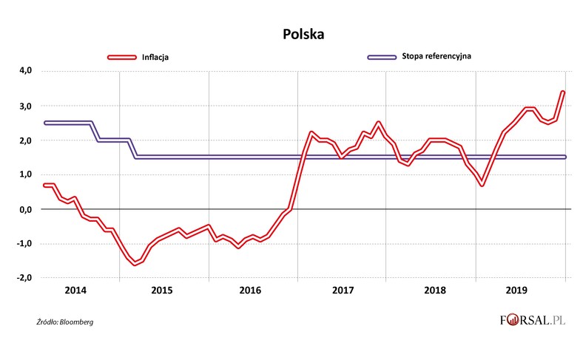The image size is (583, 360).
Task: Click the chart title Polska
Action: (303, 34)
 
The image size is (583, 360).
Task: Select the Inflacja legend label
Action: (157, 56)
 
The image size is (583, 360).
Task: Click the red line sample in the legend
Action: (122, 56)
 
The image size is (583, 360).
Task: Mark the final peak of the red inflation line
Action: (563, 92)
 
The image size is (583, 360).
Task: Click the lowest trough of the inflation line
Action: (135, 264)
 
